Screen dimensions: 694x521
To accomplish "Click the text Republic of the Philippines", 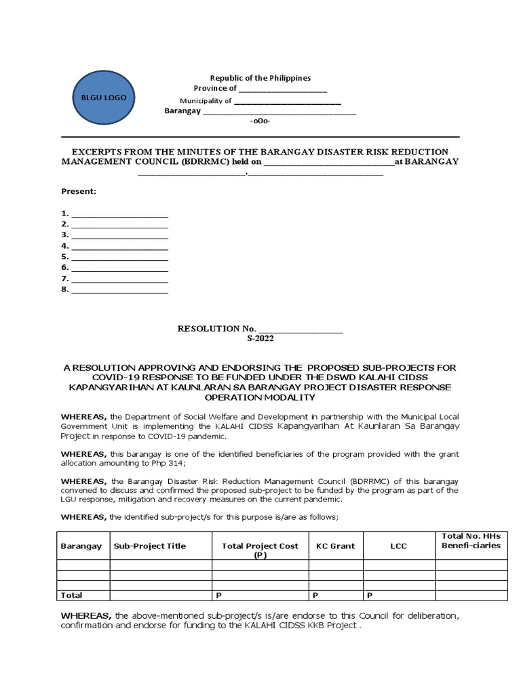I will click(x=260, y=78).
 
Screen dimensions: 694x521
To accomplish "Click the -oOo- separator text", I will click(x=260, y=121).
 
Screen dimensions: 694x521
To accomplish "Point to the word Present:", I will click(x=79, y=192).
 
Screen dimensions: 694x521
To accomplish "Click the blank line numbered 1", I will click(x=119, y=213).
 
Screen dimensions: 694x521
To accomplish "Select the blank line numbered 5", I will click(x=119, y=257).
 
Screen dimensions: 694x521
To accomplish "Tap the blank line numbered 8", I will click(x=119, y=290).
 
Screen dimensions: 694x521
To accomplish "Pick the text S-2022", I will click(x=260, y=338).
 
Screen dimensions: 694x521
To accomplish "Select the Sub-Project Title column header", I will click(x=150, y=546).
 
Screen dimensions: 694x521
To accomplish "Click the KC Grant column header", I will click(x=335, y=546).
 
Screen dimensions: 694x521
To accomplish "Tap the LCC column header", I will click(x=399, y=546).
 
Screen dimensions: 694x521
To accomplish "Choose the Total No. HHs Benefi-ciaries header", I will click(x=471, y=541).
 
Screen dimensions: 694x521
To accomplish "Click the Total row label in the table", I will click(x=72, y=595).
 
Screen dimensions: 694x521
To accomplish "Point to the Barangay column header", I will click(x=81, y=546).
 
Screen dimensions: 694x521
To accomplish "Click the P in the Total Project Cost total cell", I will click(x=218, y=595).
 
